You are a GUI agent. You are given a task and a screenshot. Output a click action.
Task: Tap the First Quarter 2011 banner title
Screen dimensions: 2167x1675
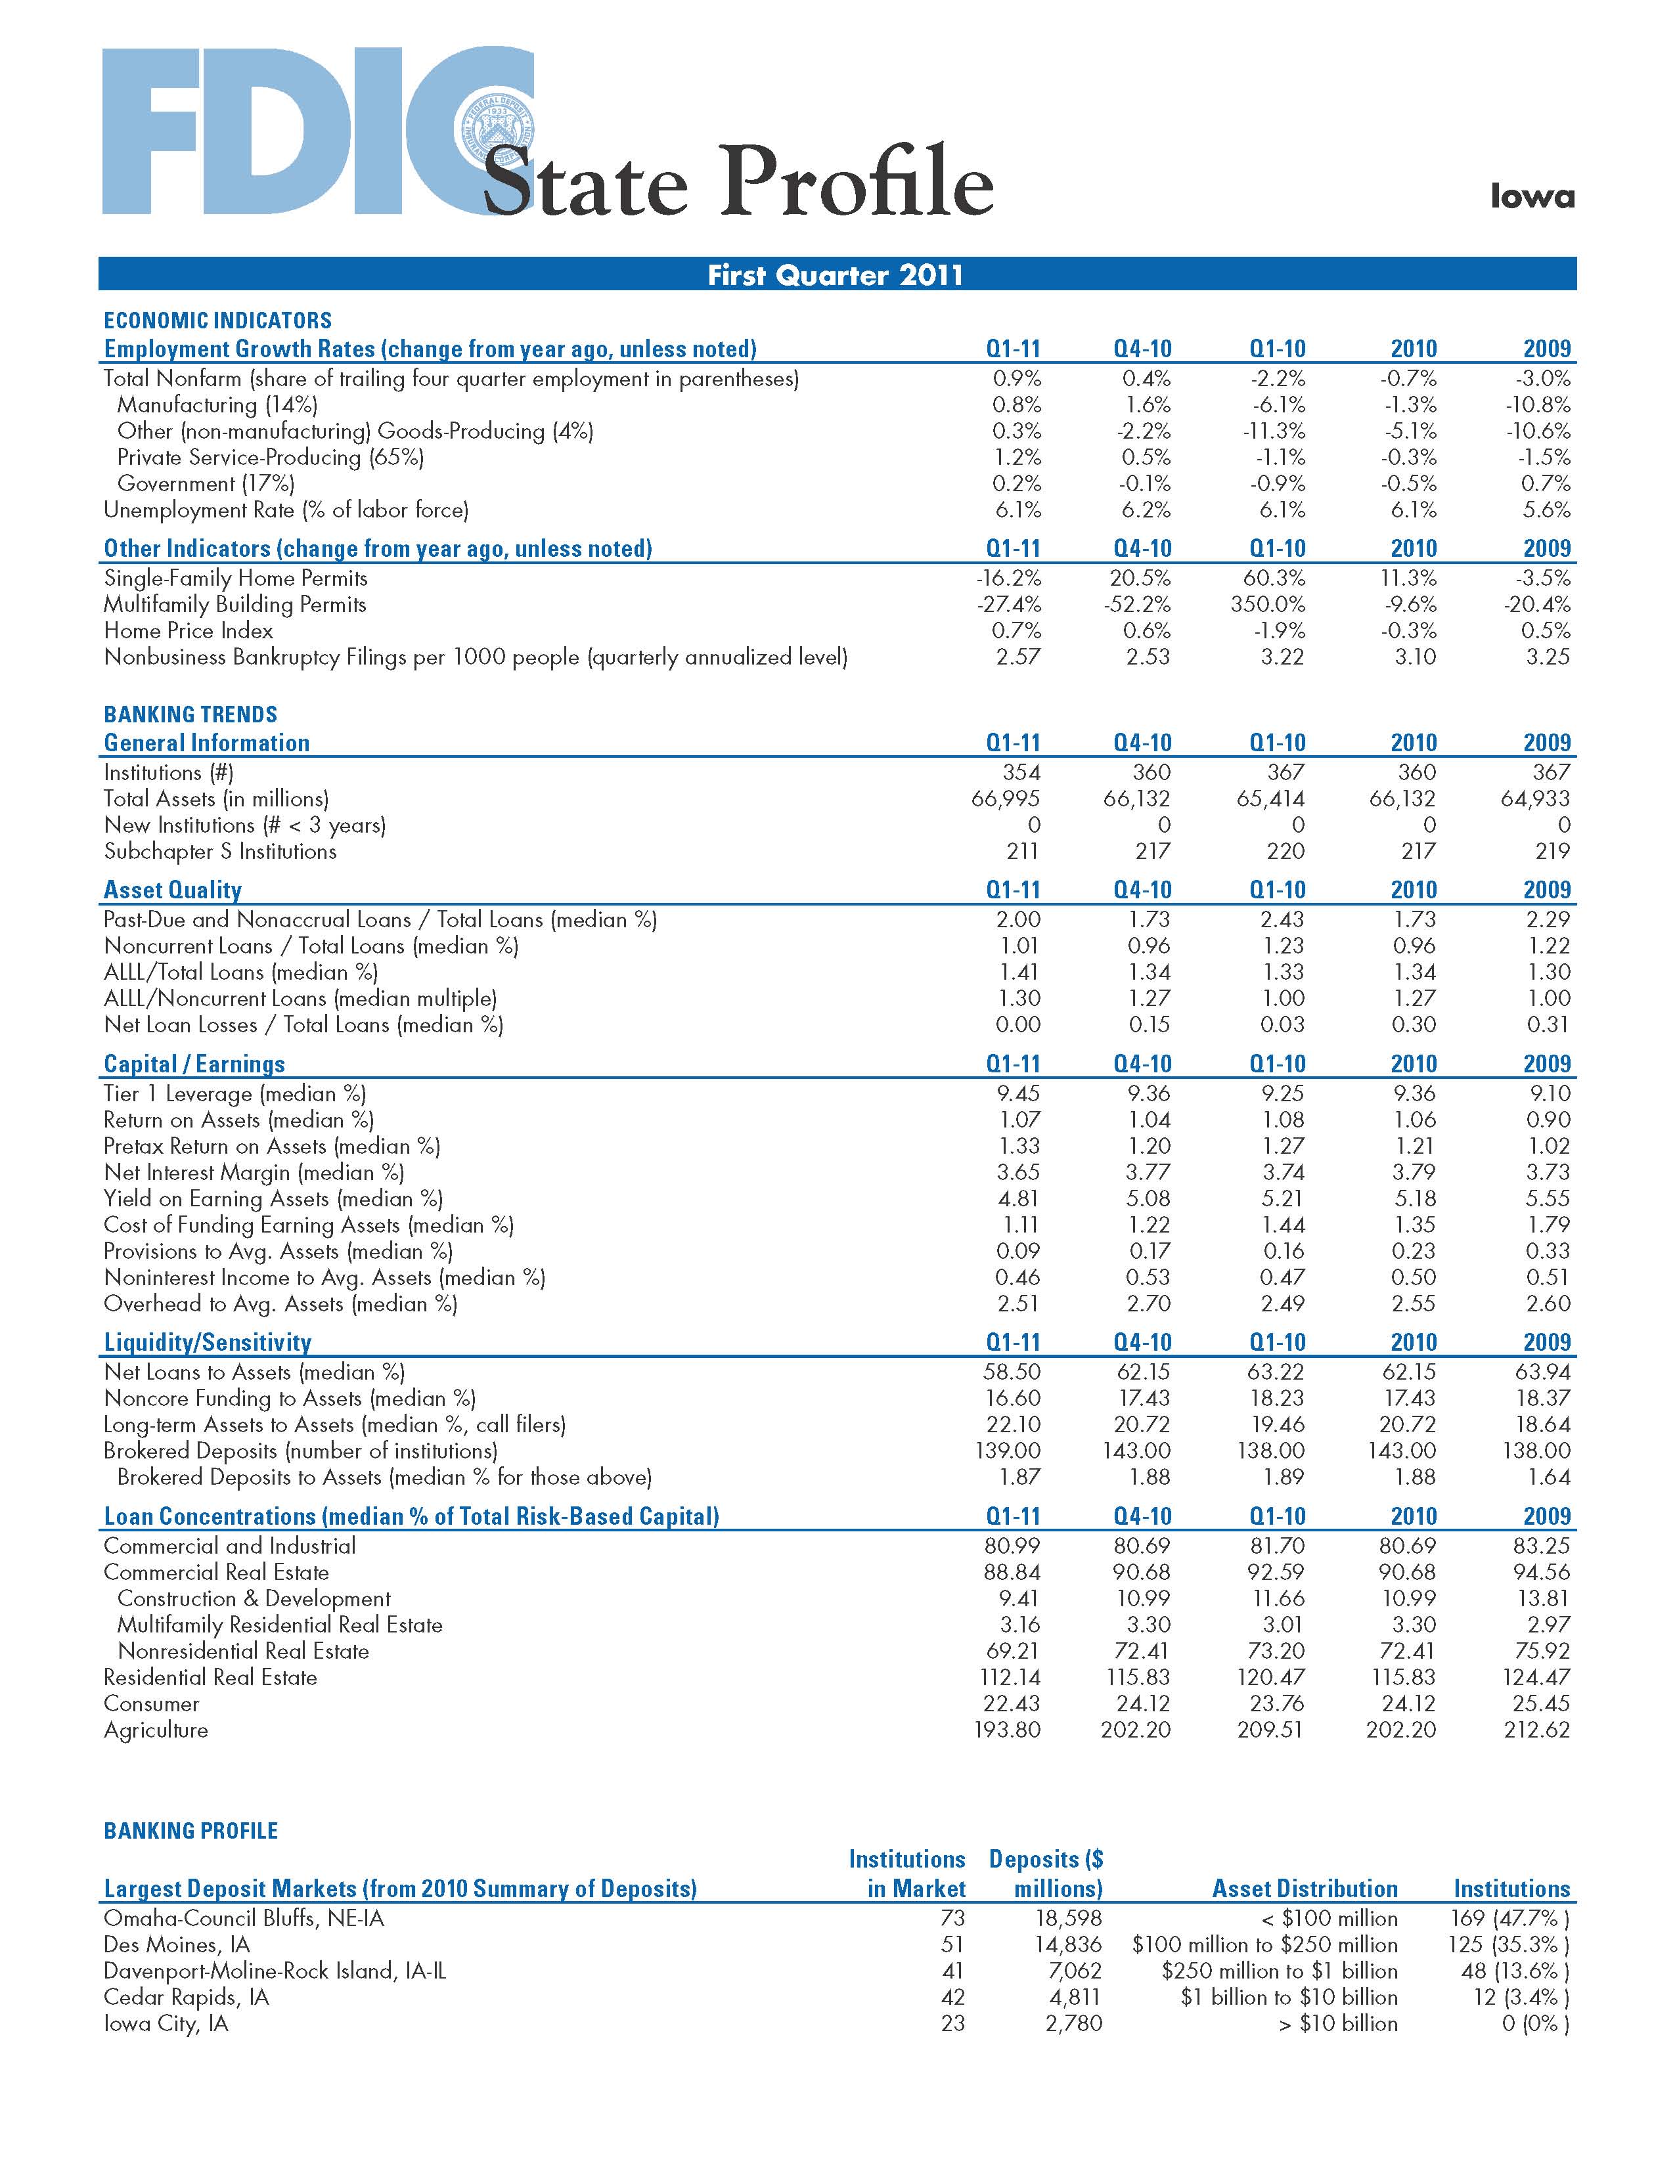pyautogui.click(x=836, y=275)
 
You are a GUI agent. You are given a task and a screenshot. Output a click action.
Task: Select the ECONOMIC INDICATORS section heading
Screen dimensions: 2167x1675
pyautogui.click(x=217, y=320)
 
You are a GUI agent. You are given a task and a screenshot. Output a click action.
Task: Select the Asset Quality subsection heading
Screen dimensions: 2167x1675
pyautogui.click(x=173, y=890)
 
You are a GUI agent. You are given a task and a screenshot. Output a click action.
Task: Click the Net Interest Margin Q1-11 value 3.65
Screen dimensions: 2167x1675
pyautogui.click(x=1018, y=1171)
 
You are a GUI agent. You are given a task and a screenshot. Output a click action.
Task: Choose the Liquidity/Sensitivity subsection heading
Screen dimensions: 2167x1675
pyautogui.click(x=208, y=1342)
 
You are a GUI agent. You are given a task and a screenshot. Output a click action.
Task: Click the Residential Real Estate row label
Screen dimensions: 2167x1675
pyautogui.click(x=210, y=1677)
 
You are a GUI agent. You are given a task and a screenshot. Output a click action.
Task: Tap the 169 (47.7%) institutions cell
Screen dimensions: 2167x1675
pyautogui.click(x=1509, y=1918)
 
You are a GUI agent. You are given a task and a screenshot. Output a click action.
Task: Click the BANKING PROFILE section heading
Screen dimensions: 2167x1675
pyautogui.click(x=190, y=1831)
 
